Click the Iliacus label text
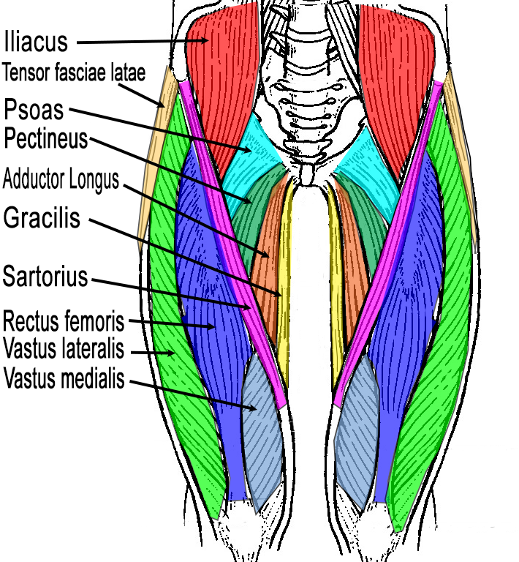click(36, 41)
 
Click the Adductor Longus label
click(61, 179)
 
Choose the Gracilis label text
click(42, 217)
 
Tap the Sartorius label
click(45, 277)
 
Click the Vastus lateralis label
click(64, 345)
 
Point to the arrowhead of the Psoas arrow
click(253, 149)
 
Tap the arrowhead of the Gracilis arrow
click(281, 295)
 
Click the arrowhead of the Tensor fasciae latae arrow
click(165, 107)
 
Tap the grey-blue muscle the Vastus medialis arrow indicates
click(262, 432)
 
